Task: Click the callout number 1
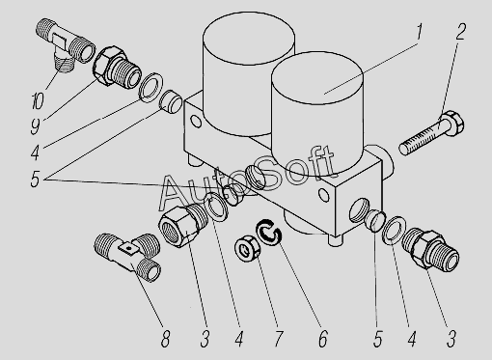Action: pos(418,32)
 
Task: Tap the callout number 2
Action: pos(460,32)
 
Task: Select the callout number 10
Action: pos(38,100)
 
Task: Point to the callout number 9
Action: pos(36,125)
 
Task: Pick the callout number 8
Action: pos(165,339)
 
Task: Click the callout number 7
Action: pos(278,339)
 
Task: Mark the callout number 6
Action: pos(323,339)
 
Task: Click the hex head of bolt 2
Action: pos(452,124)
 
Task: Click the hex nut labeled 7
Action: pos(246,249)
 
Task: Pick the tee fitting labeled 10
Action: pos(66,45)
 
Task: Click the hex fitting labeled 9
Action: pos(117,67)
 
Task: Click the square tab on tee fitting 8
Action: pos(128,248)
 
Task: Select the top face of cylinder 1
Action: pos(317,78)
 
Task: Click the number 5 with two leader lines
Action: pos(35,179)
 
